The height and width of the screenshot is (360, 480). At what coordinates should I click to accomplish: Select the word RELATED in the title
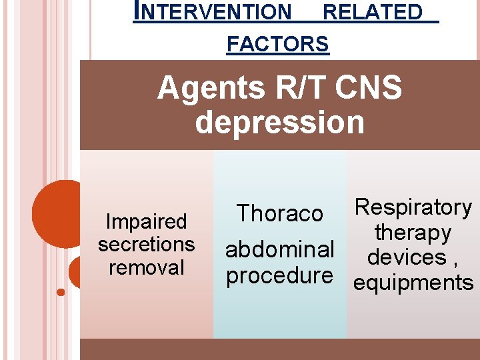373,12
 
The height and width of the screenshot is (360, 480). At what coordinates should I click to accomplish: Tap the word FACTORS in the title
278,45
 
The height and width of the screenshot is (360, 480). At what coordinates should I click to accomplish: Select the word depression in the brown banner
280,123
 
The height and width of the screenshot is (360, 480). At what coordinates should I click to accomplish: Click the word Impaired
147,221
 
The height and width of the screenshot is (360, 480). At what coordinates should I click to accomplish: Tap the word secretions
147,244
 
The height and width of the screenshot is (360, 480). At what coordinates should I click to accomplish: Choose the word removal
147,267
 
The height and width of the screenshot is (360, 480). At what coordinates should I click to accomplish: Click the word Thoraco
280,213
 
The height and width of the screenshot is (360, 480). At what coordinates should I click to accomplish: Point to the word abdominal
280,249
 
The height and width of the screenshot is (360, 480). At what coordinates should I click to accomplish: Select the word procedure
280,275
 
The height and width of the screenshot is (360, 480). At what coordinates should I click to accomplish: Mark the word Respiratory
413,208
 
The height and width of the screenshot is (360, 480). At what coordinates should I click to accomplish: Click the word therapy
413,233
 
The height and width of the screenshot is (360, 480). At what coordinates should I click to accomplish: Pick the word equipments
413,283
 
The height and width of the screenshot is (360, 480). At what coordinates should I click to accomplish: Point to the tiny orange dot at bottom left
61,291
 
